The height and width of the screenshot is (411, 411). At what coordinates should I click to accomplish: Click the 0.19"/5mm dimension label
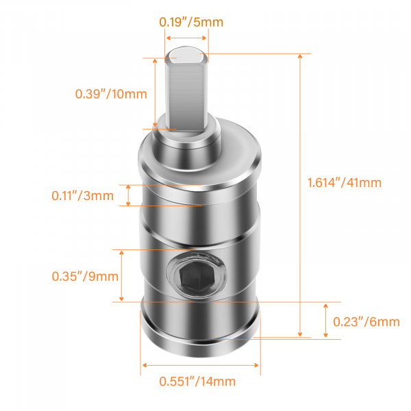[x=191, y=22]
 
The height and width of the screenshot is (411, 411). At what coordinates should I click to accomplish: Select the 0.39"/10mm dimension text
[x=111, y=94]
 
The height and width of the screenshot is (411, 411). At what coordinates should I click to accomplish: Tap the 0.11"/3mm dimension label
[x=83, y=195]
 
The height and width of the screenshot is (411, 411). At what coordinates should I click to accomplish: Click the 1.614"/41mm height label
[x=345, y=183]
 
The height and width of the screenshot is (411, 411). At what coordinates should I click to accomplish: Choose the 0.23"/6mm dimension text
[x=366, y=321]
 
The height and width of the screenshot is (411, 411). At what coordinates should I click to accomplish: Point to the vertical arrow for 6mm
[x=325, y=321]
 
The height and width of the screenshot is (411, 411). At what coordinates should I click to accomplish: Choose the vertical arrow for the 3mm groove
[x=129, y=195]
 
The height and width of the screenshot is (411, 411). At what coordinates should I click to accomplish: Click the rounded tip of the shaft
[x=186, y=52]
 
